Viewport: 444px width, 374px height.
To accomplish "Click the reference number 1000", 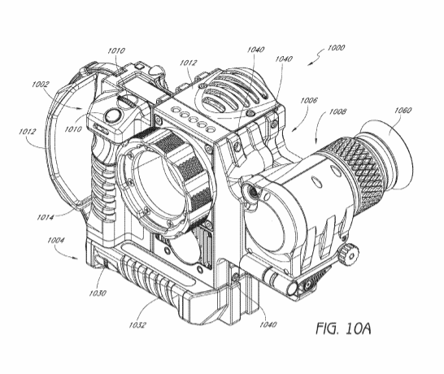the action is pos(336,47).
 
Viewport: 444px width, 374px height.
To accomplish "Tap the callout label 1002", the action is pos(40,84).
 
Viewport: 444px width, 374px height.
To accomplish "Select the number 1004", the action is pos(56,241).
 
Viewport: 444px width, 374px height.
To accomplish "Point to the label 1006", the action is pos(309,100).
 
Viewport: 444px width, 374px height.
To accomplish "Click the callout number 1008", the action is pos(337,111).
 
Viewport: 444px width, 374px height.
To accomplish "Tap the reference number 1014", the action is pos(46,217).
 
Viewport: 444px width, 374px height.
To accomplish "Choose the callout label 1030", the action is pos(98,293).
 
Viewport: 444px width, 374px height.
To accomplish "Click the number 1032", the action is pos(137,324).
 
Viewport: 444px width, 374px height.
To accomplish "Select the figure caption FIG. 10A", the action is pos(343,328).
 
